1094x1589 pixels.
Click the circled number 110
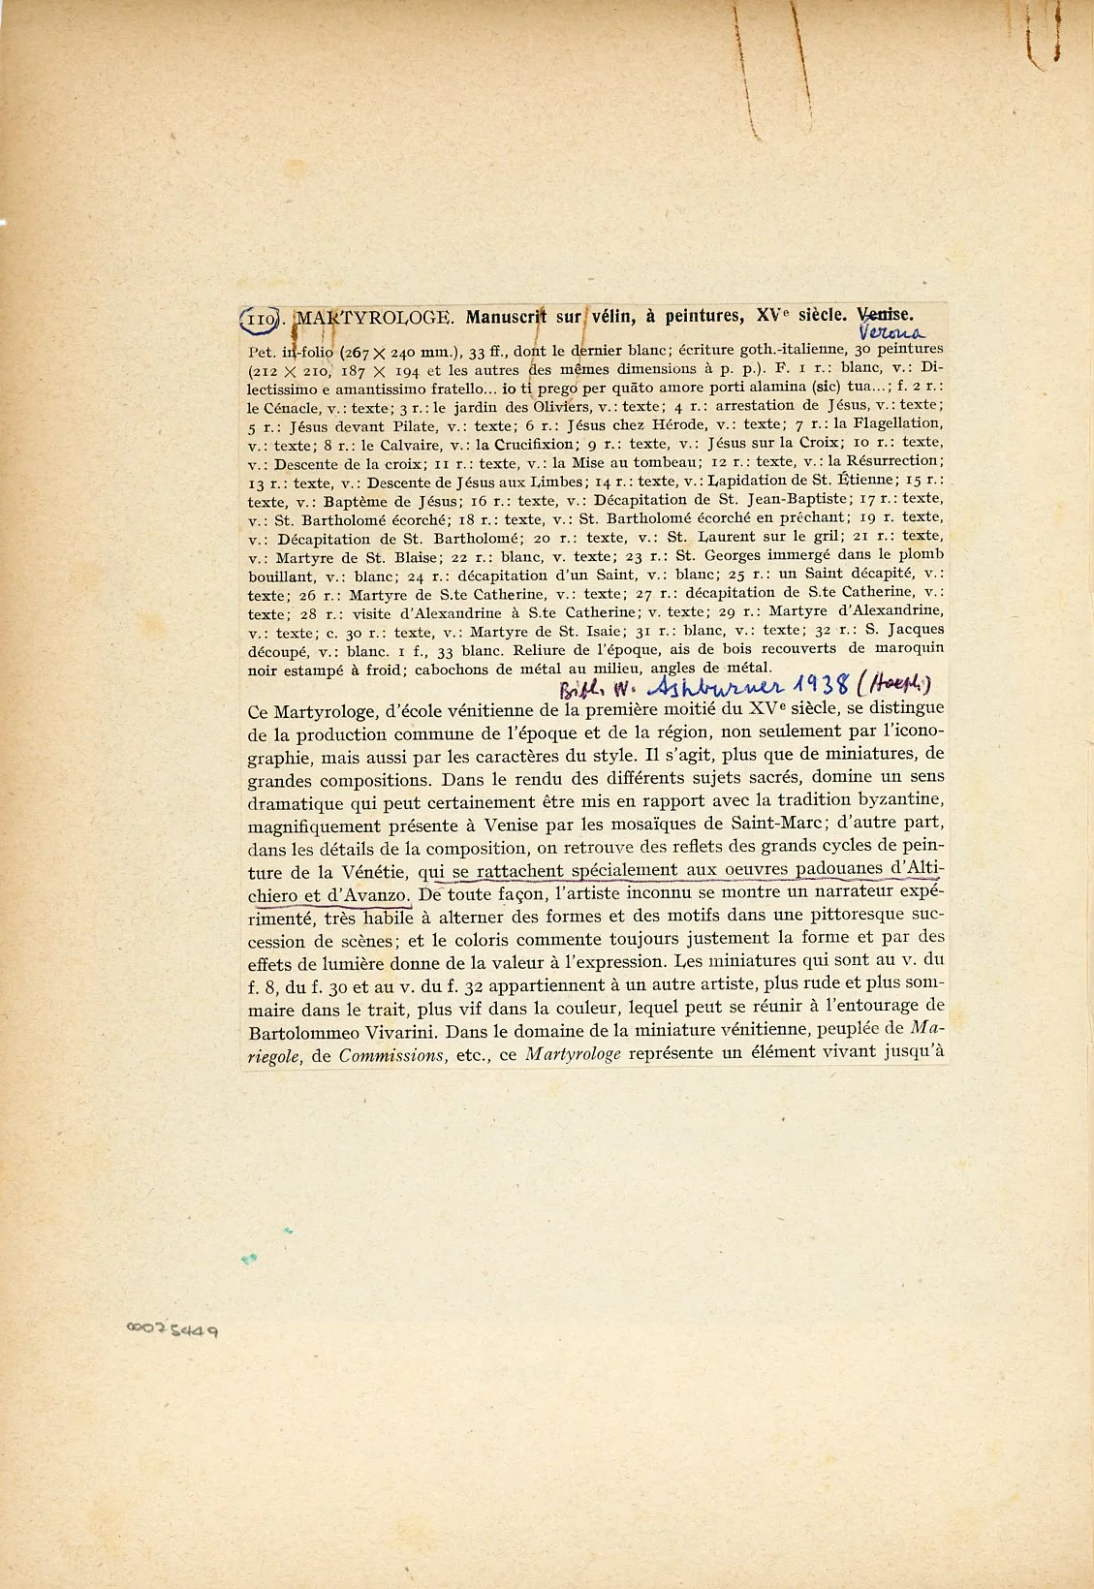point(260,318)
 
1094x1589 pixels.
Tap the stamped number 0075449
point(172,1330)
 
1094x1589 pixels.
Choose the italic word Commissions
point(390,1055)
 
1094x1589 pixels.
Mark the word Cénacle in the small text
point(295,408)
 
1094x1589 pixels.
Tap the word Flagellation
point(889,423)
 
